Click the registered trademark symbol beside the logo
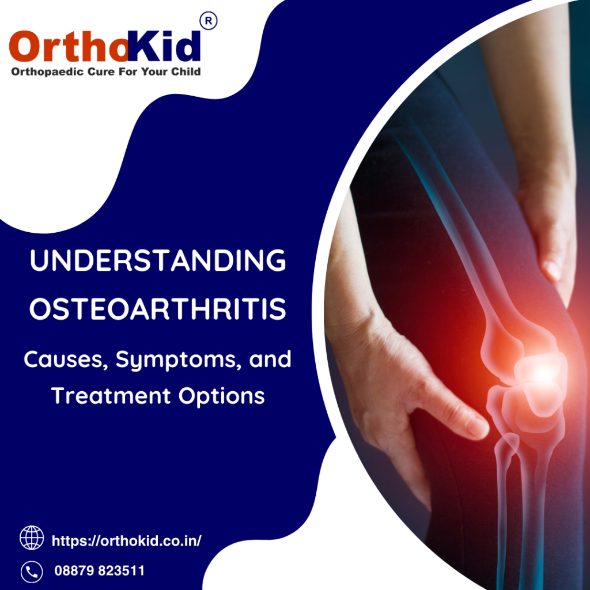(x=209, y=21)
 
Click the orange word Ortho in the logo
(x=69, y=46)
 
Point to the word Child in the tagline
(x=186, y=71)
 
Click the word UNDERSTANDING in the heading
(x=158, y=260)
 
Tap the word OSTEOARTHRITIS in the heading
(x=158, y=309)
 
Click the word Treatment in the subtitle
(x=111, y=396)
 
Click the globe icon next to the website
(x=32, y=538)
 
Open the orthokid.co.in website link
(x=126, y=540)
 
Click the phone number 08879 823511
(x=99, y=571)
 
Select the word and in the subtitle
(x=270, y=359)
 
